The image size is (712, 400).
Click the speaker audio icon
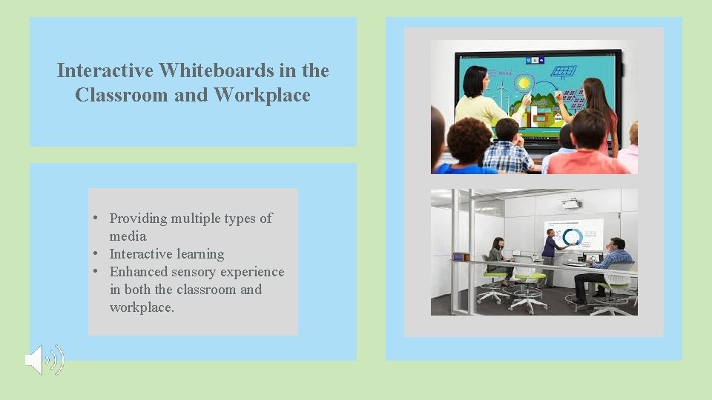click(44, 361)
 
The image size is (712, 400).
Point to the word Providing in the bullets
click(139, 219)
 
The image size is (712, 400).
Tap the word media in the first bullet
click(128, 236)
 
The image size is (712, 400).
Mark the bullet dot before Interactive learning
click(96, 254)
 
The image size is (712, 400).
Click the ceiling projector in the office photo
click(571, 202)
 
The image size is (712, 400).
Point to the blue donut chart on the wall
click(571, 237)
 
